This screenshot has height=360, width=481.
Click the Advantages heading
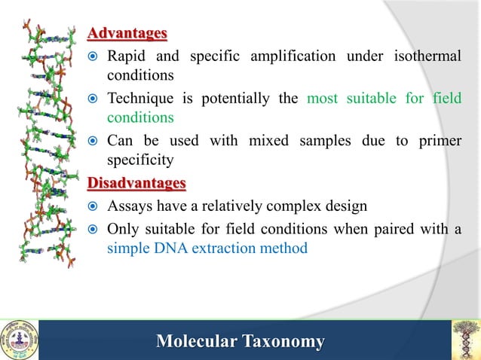(127, 34)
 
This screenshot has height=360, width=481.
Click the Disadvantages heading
(136, 184)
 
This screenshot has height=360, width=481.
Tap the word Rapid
(128, 56)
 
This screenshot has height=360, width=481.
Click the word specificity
(140, 160)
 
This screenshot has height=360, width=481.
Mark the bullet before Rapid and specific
(94, 57)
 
